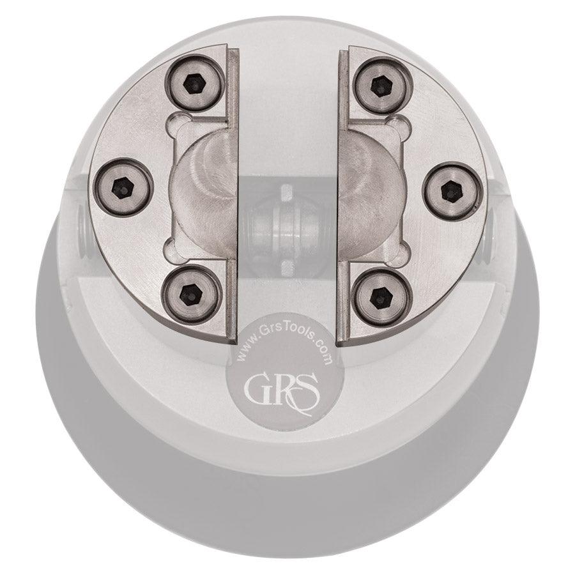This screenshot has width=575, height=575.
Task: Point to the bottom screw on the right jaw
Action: (x=382, y=295)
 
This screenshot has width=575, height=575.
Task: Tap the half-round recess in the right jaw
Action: (x=370, y=190)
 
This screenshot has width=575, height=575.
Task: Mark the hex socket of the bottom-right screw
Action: (x=382, y=295)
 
